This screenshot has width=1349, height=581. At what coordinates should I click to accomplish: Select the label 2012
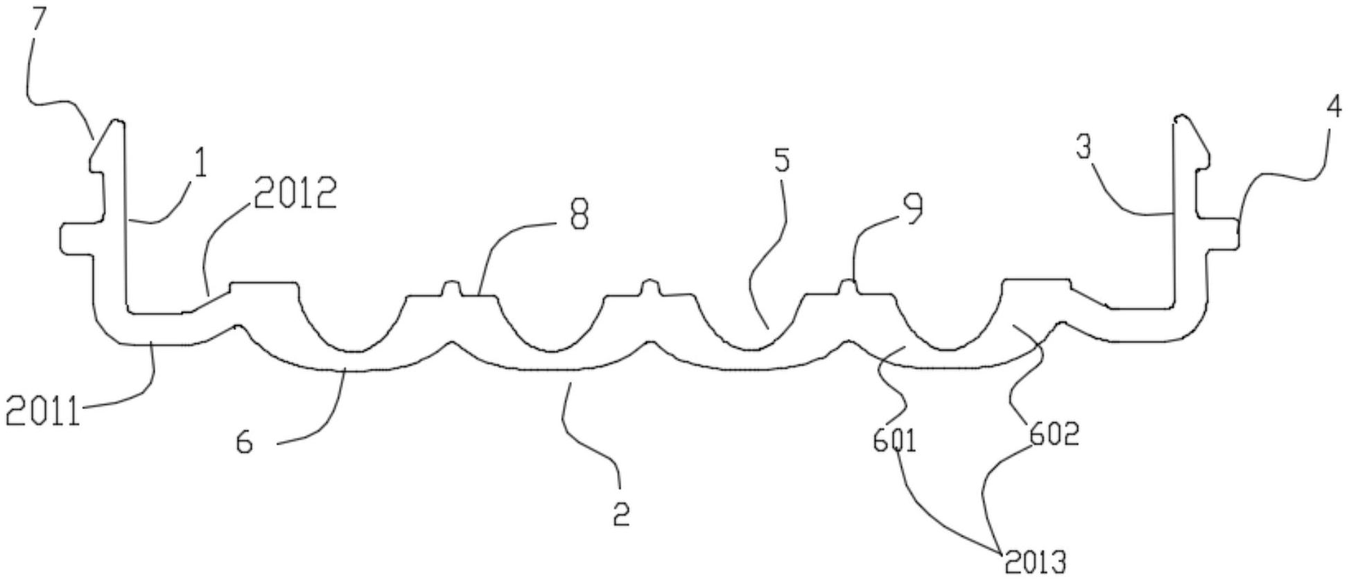point(295,193)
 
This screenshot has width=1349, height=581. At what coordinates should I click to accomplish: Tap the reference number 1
point(200,164)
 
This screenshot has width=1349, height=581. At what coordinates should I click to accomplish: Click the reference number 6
point(245,442)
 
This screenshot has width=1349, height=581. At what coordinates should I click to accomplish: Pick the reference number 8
point(578,215)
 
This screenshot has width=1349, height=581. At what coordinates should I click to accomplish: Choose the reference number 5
point(781,161)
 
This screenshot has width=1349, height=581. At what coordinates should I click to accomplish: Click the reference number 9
point(914,208)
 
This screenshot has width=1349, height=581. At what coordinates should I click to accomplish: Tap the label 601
point(894,441)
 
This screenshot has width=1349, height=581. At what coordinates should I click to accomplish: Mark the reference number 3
point(1084,148)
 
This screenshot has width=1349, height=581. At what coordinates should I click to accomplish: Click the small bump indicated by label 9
point(847,286)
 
